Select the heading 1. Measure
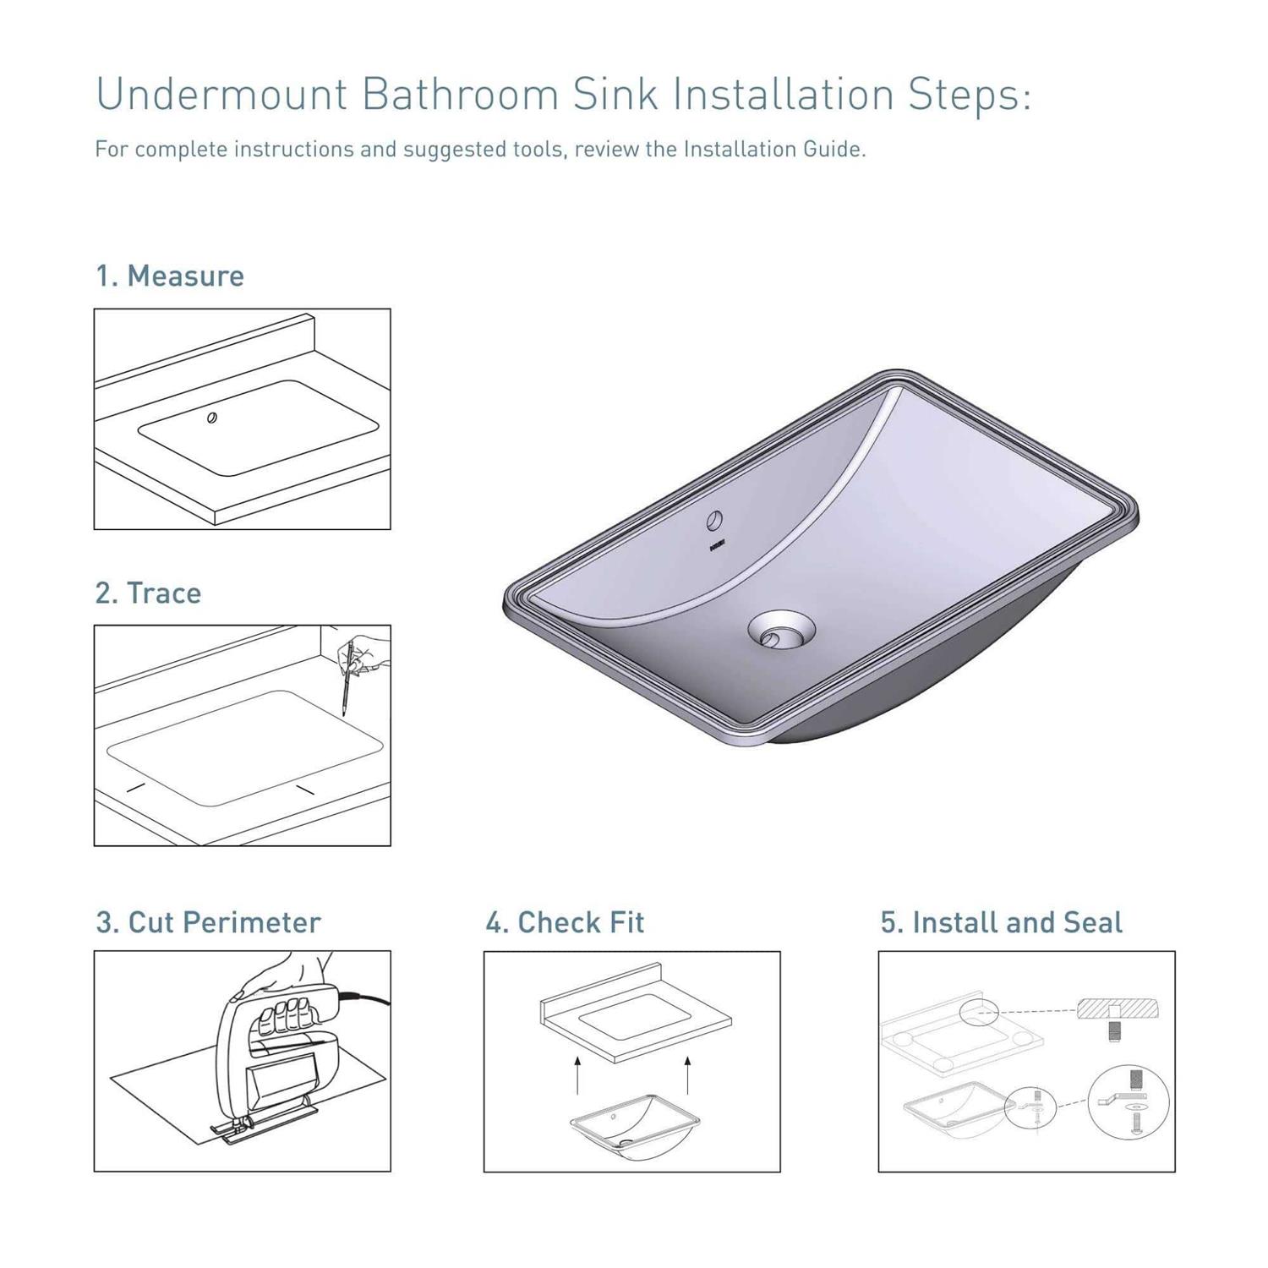(x=169, y=276)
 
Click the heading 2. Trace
(x=148, y=593)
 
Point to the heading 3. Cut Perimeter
(x=208, y=922)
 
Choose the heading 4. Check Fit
(x=565, y=922)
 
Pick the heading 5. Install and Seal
(x=1001, y=922)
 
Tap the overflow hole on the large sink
(x=715, y=519)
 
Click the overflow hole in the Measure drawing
(x=212, y=417)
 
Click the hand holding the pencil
(x=365, y=653)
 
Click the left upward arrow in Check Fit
(x=578, y=1076)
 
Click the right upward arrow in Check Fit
(x=688, y=1076)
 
